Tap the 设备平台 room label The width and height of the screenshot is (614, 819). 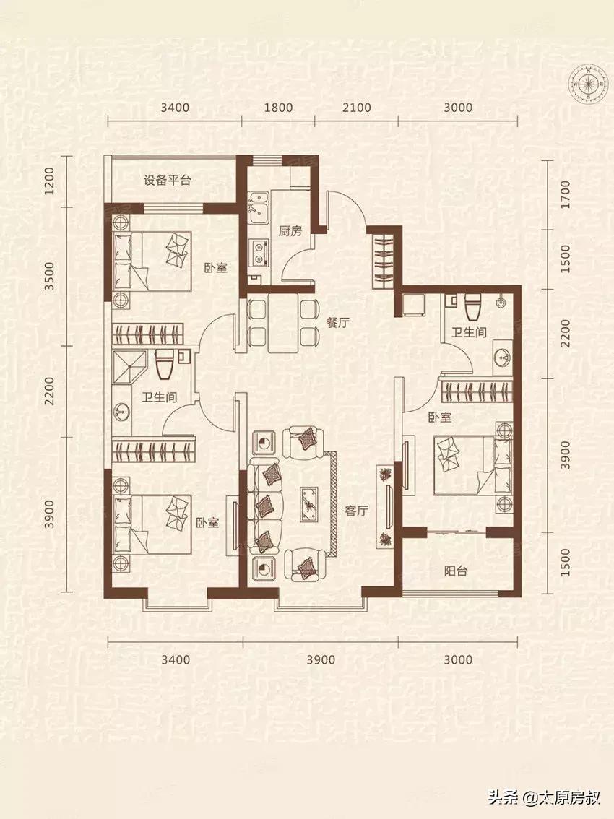click(x=167, y=181)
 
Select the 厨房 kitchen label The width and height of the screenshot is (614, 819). click(x=290, y=230)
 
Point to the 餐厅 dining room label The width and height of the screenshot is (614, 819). click(x=337, y=322)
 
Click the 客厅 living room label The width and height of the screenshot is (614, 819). click(x=356, y=511)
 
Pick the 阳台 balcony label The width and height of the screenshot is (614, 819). click(x=456, y=571)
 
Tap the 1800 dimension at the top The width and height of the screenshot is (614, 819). click(x=278, y=108)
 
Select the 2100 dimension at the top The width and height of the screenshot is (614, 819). click(x=356, y=108)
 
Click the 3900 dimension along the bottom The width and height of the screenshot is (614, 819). click(x=321, y=659)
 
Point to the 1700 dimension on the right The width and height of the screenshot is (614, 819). click(x=565, y=194)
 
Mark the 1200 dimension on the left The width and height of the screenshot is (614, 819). click(x=49, y=181)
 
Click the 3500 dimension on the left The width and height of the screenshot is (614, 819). click(x=49, y=277)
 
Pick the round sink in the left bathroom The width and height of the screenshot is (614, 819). click(x=121, y=410)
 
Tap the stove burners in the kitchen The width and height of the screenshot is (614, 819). click(x=259, y=251)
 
